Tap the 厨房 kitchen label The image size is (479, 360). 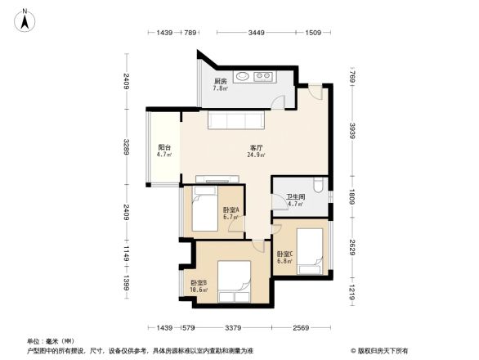tap(221, 82)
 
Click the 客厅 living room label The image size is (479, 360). tap(256, 147)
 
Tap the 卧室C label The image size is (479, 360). tap(284, 254)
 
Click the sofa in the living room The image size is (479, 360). tap(235, 121)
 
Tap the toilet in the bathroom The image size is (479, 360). tap(318, 186)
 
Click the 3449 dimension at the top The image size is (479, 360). tap(257, 34)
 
